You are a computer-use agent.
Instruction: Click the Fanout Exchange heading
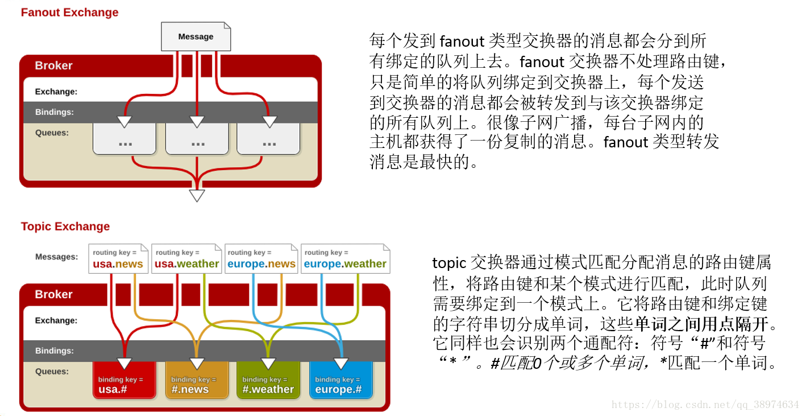click(69, 13)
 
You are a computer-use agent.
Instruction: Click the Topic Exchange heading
click(65, 226)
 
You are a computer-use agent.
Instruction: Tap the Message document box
click(196, 36)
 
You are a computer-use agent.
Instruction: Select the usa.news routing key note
click(118, 259)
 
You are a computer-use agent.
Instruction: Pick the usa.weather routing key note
click(186, 259)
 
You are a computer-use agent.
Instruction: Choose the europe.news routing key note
click(261, 259)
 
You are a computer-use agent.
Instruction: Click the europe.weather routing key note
click(345, 259)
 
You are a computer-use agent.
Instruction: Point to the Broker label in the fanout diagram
click(53, 65)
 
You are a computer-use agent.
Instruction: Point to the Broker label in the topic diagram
click(53, 294)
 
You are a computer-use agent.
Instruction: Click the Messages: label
click(56, 257)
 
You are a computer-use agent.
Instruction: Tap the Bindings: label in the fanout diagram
click(54, 112)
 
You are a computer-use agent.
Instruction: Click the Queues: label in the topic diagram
click(52, 372)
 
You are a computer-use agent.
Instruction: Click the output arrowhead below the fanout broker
click(197, 196)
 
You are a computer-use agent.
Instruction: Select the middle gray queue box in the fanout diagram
click(197, 139)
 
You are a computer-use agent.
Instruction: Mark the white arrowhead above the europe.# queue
click(341, 364)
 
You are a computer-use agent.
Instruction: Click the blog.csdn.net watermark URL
click(705, 405)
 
